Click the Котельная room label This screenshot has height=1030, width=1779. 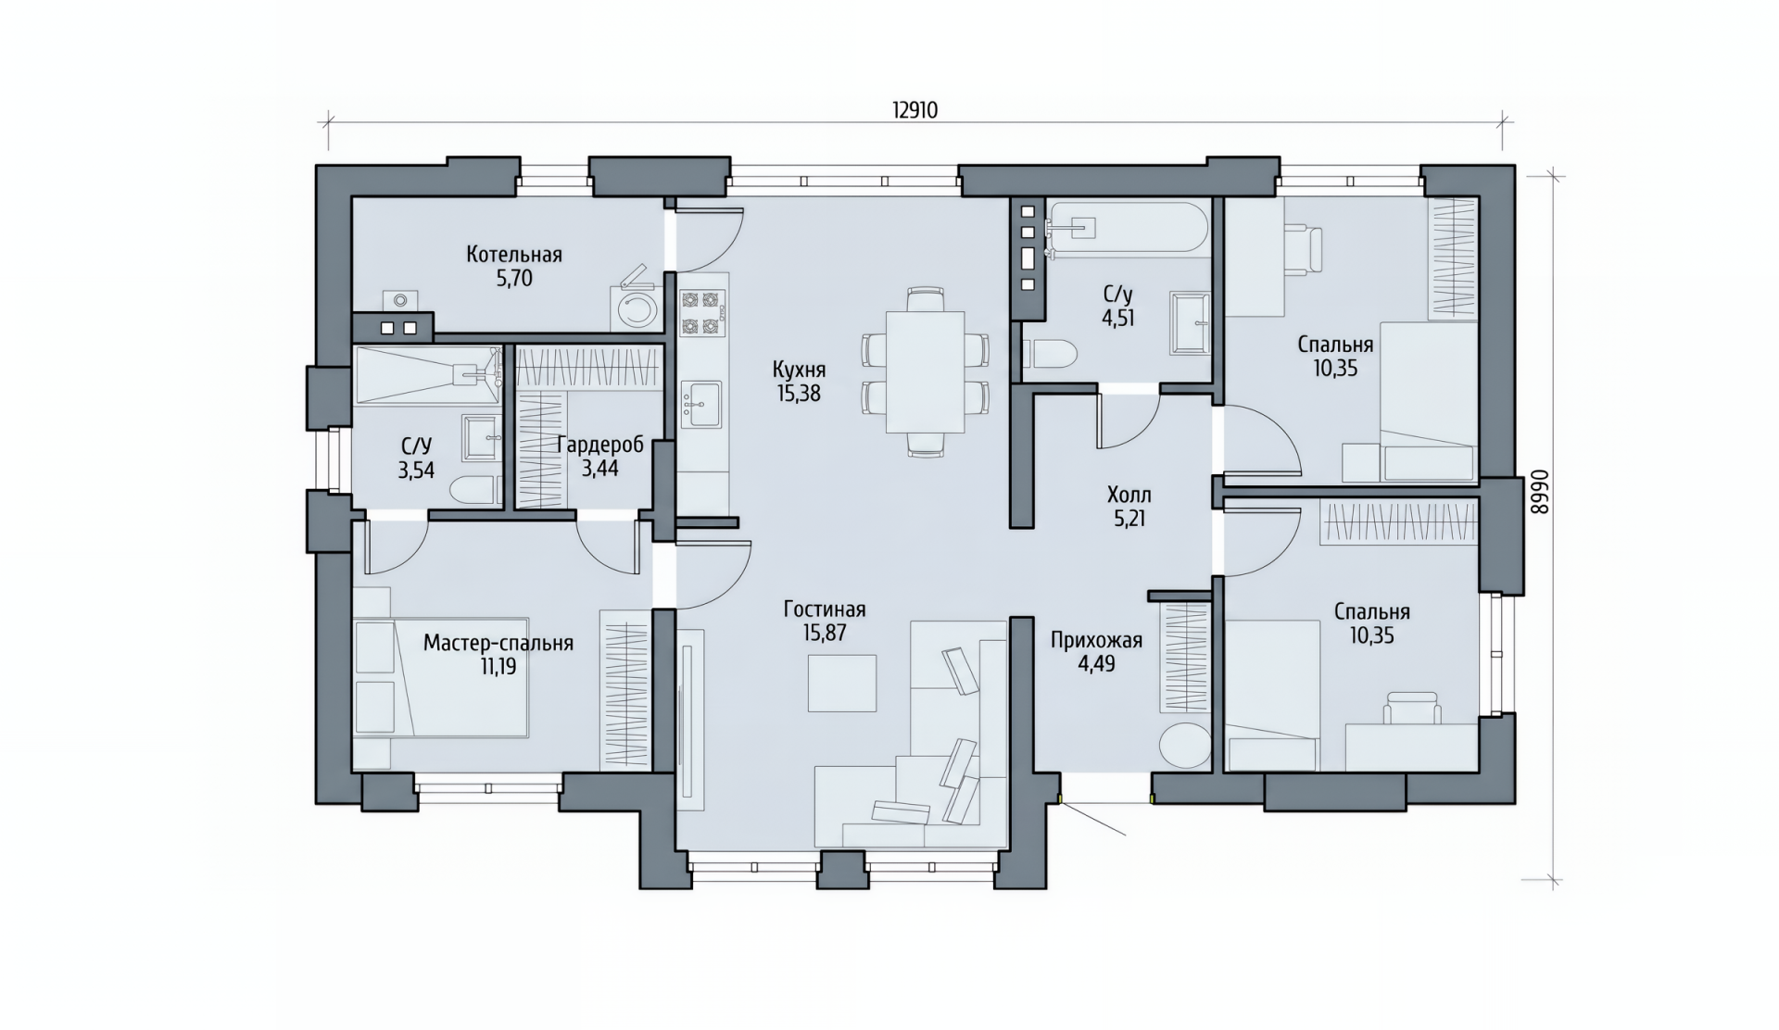[x=514, y=254]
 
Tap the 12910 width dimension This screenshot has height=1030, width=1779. [x=915, y=110]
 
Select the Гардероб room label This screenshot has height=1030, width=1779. [x=600, y=445]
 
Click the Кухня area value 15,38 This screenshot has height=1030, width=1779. [x=799, y=394]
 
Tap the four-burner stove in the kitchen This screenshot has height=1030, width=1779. [x=701, y=312]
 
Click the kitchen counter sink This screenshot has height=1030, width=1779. [x=701, y=406]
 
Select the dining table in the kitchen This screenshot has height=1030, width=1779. [x=926, y=371]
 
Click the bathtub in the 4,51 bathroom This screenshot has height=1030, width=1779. [x=1127, y=229]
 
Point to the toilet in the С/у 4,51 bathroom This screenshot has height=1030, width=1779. [x=1051, y=353]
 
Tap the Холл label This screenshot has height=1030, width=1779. [x=1129, y=495]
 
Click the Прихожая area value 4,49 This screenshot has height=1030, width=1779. [x=1096, y=663]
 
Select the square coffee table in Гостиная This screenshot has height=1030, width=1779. [x=842, y=683]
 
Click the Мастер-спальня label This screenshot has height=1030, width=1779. [x=498, y=643]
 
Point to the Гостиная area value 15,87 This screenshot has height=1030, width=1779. [x=825, y=634]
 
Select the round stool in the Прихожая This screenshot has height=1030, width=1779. [x=1184, y=744]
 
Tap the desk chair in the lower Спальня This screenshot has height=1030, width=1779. [x=1413, y=708]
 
